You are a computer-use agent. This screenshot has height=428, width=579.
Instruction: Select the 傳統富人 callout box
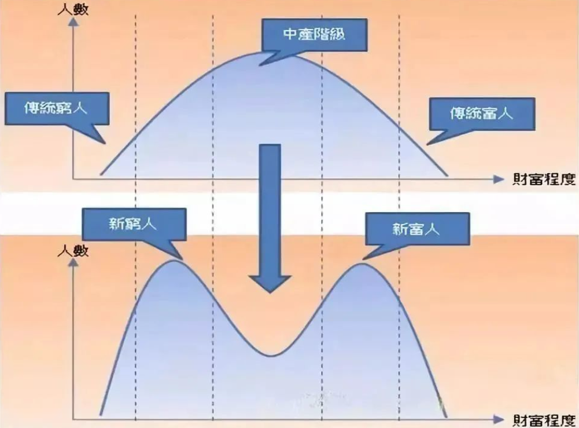click(x=481, y=112)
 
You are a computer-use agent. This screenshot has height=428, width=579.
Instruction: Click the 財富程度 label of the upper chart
click(x=544, y=179)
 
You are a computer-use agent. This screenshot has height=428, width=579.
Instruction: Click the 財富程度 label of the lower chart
click(x=544, y=418)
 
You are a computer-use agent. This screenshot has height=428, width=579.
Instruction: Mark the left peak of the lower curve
click(x=173, y=261)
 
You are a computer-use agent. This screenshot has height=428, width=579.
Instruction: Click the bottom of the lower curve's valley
click(x=270, y=355)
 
